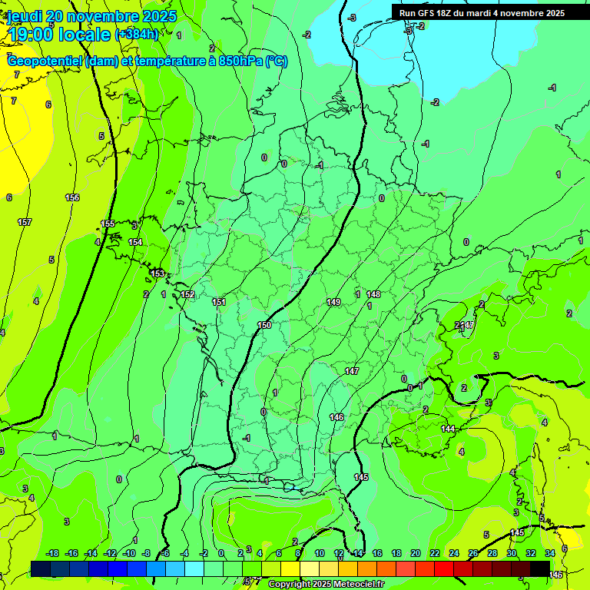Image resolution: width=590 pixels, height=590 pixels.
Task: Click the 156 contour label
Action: click(x=72, y=197)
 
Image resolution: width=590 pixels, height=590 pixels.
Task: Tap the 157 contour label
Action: click(x=25, y=222)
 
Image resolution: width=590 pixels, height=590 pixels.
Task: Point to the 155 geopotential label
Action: click(x=108, y=224)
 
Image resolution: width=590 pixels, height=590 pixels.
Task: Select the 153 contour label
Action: click(x=157, y=273)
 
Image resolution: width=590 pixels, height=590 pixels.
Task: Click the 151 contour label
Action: click(x=219, y=302)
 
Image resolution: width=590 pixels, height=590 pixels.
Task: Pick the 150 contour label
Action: click(x=264, y=326)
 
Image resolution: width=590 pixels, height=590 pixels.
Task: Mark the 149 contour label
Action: click(x=333, y=302)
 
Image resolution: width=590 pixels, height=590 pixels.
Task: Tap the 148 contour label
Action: click(x=373, y=294)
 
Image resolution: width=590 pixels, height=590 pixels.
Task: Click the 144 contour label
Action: click(x=448, y=429)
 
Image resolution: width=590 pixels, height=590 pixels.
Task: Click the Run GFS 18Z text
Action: click(x=429, y=13)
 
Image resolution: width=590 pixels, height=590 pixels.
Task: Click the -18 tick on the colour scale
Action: click(x=52, y=553)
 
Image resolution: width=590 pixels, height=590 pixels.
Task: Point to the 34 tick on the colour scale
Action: click(x=550, y=553)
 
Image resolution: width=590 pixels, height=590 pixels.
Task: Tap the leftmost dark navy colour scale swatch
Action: click(x=40, y=568)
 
